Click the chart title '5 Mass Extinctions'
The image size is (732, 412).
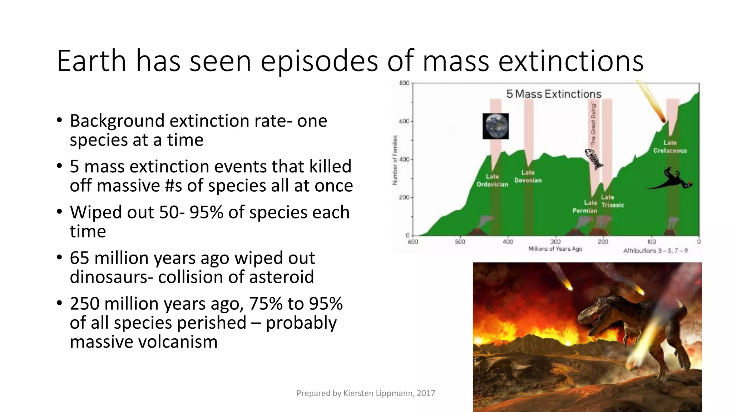554,94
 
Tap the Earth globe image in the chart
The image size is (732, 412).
495,126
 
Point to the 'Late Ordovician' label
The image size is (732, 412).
492,181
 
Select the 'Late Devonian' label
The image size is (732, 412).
528,177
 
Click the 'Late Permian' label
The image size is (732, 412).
585,207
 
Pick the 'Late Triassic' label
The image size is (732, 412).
612,201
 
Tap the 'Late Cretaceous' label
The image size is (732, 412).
670,147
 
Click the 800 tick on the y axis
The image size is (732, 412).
404,83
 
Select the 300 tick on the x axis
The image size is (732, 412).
555,242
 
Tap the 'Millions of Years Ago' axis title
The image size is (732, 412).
555,249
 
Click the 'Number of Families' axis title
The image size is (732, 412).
395,160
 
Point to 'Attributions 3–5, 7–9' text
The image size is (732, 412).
656,251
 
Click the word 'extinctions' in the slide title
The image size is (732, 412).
571,61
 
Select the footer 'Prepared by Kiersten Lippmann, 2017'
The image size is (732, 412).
366,393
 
